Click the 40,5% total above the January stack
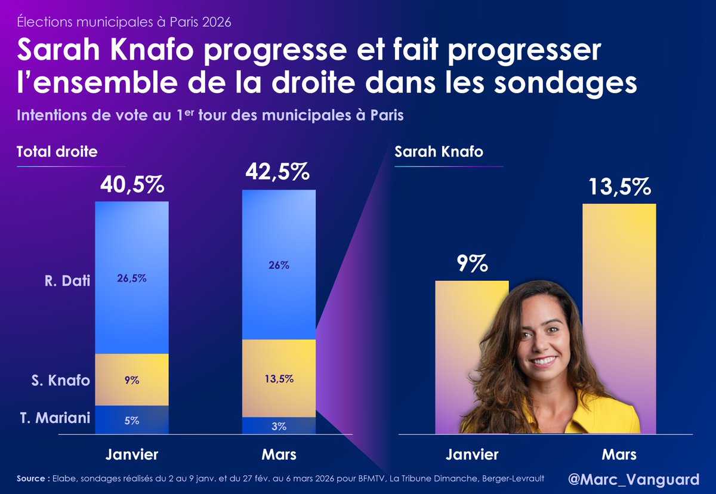[131, 185]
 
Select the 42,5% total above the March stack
[277, 172]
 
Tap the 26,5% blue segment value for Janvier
[132, 278]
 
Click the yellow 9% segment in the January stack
[132, 380]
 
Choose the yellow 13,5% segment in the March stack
[279, 378]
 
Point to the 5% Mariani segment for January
[132, 420]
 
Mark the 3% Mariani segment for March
[279, 426]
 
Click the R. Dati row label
[67, 279]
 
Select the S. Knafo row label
[61, 380]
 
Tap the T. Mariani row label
[53, 418]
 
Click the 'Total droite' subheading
[57, 152]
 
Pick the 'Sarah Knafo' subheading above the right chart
[439, 152]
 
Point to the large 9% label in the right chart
[471, 264]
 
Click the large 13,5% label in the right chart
[619, 187]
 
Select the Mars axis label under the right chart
[619, 455]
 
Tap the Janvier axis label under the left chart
[132, 455]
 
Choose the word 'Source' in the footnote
[32, 478]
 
